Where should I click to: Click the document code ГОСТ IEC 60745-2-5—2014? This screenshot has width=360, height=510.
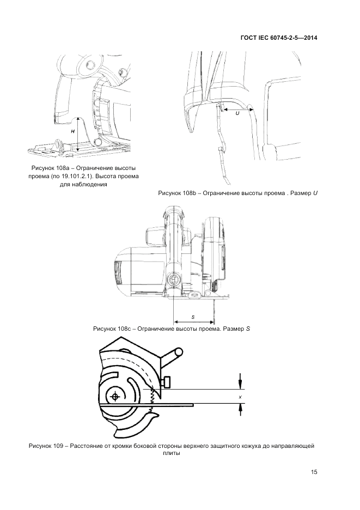coord(279,38)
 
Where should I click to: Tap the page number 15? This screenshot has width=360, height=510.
coord(314,472)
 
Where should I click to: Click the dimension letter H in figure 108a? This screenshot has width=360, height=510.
coord(73,131)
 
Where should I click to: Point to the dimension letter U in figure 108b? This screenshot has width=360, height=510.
coord(237,113)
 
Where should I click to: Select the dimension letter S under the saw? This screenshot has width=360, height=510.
coord(193,317)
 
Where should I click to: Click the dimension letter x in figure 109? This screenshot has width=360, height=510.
coord(240,397)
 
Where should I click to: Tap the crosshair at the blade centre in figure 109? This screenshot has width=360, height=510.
coord(114,397)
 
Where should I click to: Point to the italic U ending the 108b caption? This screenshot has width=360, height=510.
coord(315,193)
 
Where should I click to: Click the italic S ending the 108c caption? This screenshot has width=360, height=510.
coord(248,329)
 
